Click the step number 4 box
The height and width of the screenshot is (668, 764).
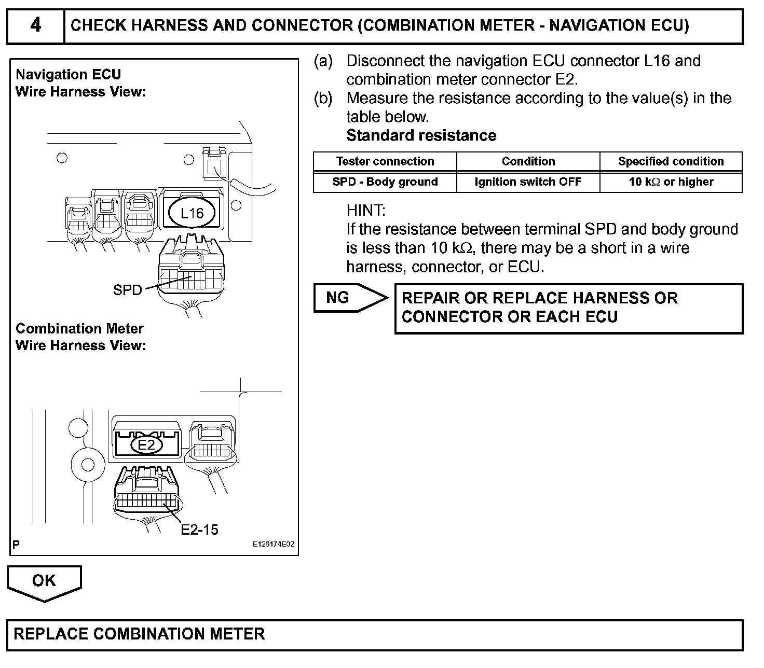(35, 25)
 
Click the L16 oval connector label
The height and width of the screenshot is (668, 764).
(192, 213)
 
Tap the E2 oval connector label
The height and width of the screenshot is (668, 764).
(146, 445)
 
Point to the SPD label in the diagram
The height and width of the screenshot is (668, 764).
(127, 290)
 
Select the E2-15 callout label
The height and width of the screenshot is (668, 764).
(199, 530)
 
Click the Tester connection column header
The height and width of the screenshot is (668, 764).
(385, 161)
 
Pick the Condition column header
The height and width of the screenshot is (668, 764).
(528, 161)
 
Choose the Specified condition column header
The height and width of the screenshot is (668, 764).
(671, 161)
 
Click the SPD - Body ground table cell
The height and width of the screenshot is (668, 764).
(385, 182)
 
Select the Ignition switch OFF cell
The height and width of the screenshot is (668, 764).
(528, 182)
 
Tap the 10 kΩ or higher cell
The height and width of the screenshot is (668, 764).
(671, 182)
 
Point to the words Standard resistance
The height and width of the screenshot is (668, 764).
(421, 135)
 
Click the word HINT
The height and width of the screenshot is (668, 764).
(366, 211)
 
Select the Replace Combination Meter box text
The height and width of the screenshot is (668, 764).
(139, 634)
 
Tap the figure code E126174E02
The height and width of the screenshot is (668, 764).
(274, 545)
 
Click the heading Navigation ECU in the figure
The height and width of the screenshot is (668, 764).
(68, 75)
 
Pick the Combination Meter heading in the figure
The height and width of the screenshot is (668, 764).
(79, 329)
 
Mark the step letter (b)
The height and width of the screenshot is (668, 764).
(323, 98)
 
